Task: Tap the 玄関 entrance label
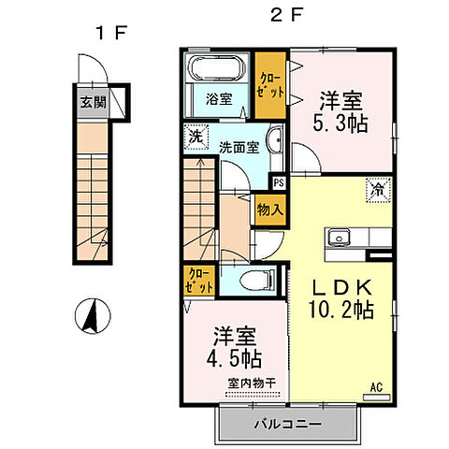click(x=91, y=103)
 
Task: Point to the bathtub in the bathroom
click(x=216, y=69)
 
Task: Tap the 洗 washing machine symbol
click(x=194, y=137)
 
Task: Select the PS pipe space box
click(x=278, y=182)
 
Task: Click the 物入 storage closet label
click(x=268, y=210)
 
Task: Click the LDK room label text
click(x=338, y=288)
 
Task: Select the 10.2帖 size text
click(x=338, y=311)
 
